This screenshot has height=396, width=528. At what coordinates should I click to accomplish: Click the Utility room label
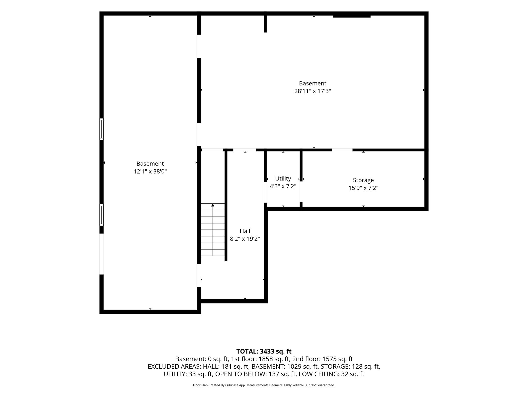[x=283, y=179]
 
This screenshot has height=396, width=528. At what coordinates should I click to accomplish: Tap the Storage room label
[x=363, y=180]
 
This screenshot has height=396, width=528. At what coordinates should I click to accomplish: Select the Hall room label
[x=245, y=231]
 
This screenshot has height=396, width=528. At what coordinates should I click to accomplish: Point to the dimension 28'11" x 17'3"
[x=313, y=91]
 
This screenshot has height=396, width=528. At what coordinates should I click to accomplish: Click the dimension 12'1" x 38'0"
[x=150, y=171]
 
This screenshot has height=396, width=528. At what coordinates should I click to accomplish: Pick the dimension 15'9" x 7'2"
[x=364, y=188]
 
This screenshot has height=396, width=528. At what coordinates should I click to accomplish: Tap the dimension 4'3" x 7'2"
[x=283, y=186]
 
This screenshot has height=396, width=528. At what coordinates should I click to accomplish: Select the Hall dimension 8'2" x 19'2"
[x=245, y=239]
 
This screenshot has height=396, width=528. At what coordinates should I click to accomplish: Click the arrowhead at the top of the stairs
[x=213, y=205]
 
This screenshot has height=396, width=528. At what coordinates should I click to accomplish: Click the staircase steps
[x=213, y=230]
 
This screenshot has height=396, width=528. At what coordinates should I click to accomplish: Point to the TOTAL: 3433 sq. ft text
[x=264, y=351]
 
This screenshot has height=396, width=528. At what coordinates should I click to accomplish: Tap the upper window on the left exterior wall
[x=102, y=129]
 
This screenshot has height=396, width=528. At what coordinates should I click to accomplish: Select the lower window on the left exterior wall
[x=102, y=215]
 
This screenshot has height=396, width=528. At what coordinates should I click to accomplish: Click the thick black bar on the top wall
[x=352, y=16]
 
